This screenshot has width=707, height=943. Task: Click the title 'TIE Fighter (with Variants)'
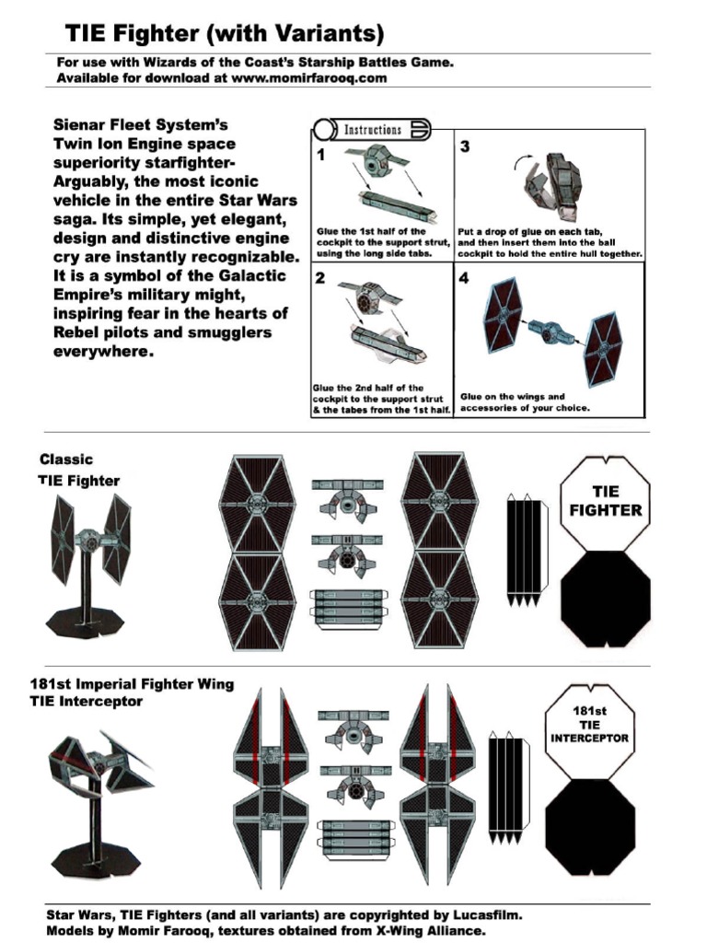[x=224, y=34]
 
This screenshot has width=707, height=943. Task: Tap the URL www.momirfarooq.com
[x=308, y=78]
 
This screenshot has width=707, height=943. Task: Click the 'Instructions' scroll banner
[x=372, y=130]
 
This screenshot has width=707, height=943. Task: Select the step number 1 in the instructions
[x=320, y=155]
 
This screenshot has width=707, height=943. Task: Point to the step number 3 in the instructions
[x=465, y=147]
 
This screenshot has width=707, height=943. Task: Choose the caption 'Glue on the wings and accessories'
[x=525, y=402]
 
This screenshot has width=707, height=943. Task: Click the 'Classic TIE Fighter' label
[x=79, y=470]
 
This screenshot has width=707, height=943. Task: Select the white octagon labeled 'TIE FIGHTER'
[x=605, y=502]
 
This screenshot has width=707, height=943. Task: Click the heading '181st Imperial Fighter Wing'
[x=131, y=684]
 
